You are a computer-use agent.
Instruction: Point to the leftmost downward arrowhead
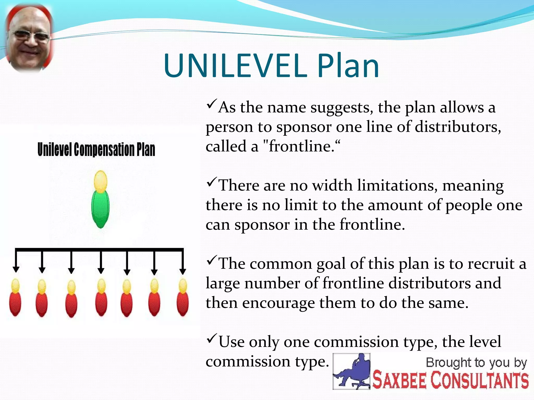point(16,269)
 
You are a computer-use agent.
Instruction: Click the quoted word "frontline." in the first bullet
point(301,146)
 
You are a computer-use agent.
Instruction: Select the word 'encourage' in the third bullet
point(278,303)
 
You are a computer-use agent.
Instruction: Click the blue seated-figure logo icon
point(351,371)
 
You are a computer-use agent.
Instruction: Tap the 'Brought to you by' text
point(476,362)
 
